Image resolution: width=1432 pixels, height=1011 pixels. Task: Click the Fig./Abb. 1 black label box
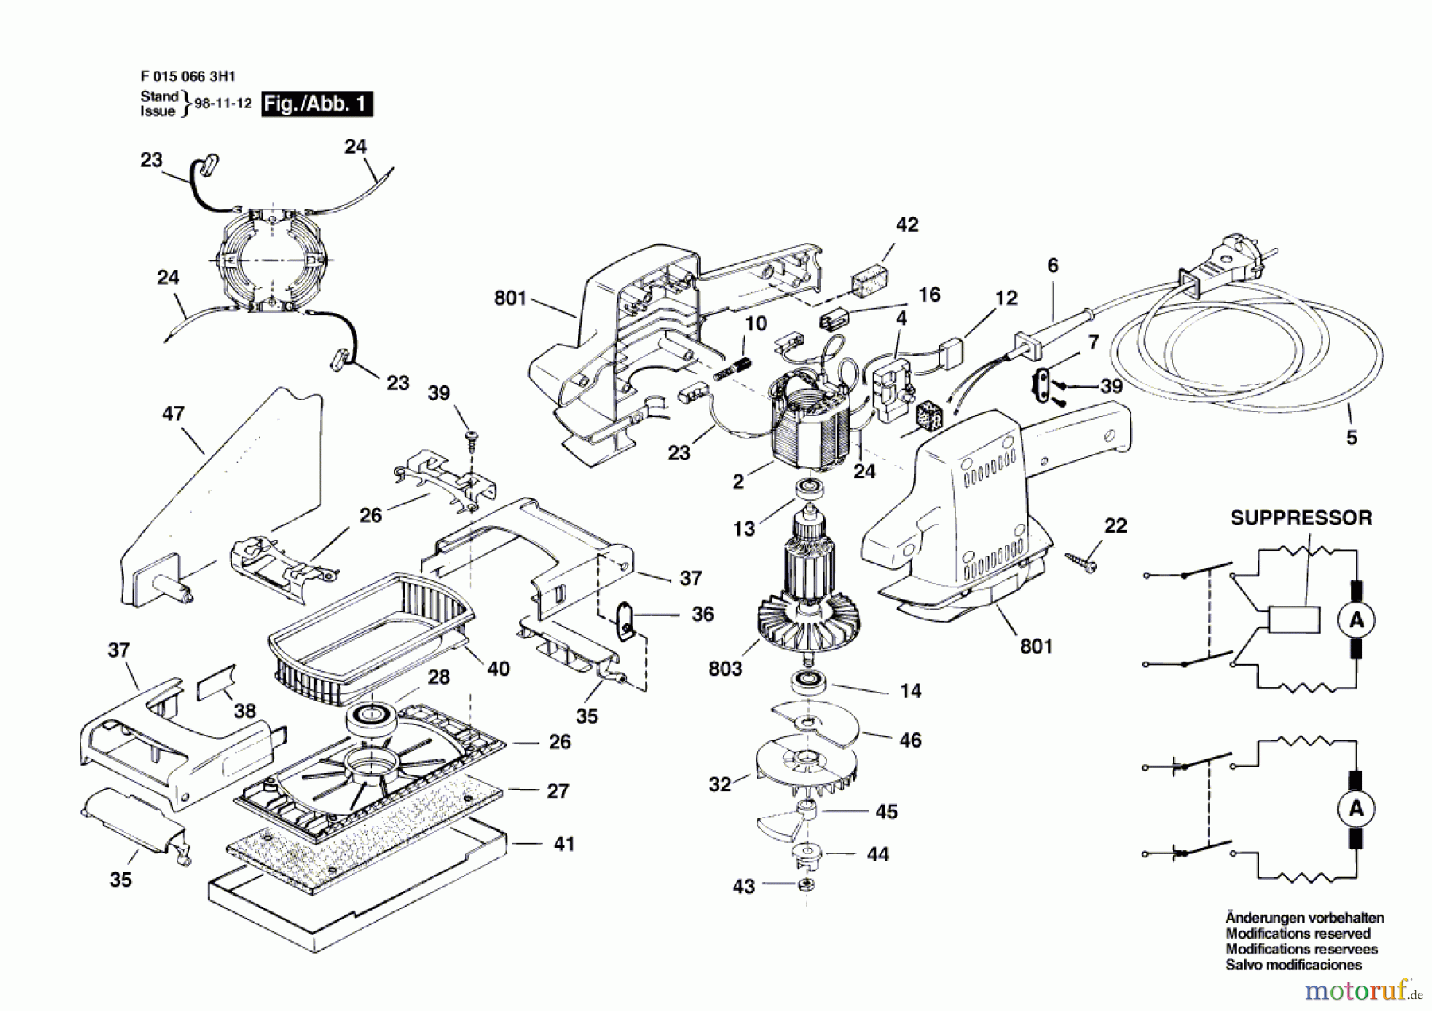tap(317, 104)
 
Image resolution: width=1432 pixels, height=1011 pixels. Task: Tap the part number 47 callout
tap(173, 413)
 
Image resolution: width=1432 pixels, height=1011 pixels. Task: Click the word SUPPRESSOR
tap(1301, 517)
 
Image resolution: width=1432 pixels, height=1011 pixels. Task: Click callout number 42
tap(907, 225)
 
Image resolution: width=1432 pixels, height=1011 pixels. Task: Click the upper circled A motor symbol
tap(1356, 619)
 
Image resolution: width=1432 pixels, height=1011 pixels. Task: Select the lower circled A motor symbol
tap(1356, 809)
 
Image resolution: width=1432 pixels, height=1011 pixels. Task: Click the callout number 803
tap(725, 669)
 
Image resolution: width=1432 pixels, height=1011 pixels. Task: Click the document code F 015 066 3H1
tap(188, 77)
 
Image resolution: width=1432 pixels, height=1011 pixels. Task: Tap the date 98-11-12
tap(223, 103)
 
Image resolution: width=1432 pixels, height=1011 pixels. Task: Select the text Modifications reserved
tap(1298, 933)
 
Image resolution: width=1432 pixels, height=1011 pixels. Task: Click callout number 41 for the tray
tap(564, 843)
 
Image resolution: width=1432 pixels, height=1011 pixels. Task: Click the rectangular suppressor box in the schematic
tap(1294, 620)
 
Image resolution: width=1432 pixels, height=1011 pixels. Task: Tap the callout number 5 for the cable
tap(1352, 437)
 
